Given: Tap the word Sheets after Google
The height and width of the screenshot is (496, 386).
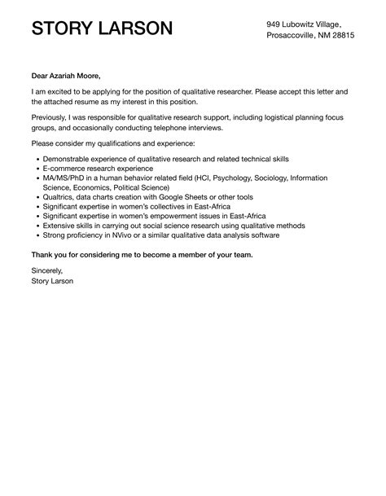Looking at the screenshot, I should point(194,197).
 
